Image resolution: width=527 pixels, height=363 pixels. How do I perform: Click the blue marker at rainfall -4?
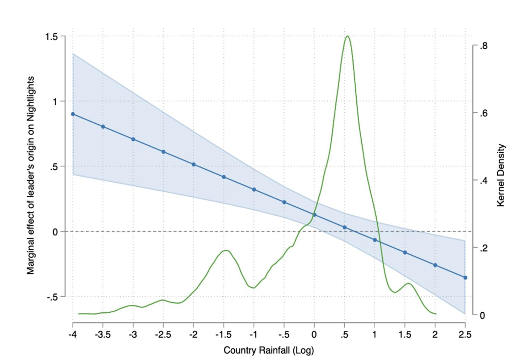[73, 114]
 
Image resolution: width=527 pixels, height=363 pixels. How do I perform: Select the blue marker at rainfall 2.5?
[465, 278]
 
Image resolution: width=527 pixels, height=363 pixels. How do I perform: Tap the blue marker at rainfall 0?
[314, 215]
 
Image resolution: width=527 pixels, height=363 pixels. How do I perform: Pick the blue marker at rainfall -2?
[194, 164]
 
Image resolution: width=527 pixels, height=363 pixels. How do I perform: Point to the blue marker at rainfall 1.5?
[405, 252]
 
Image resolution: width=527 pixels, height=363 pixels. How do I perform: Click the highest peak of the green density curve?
[347, 36]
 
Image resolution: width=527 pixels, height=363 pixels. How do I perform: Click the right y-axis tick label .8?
[483, 46]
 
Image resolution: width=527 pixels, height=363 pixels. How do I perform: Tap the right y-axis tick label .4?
[483, 181]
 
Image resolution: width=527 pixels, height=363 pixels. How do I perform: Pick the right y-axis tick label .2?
[483, 248]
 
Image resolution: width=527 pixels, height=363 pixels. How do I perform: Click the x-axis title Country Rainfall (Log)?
[268, 350]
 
